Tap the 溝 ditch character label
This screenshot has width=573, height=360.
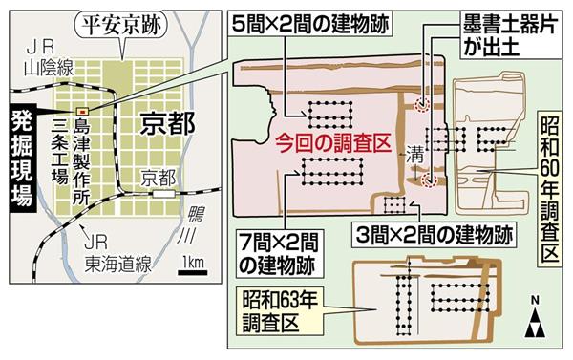[414, 151]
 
